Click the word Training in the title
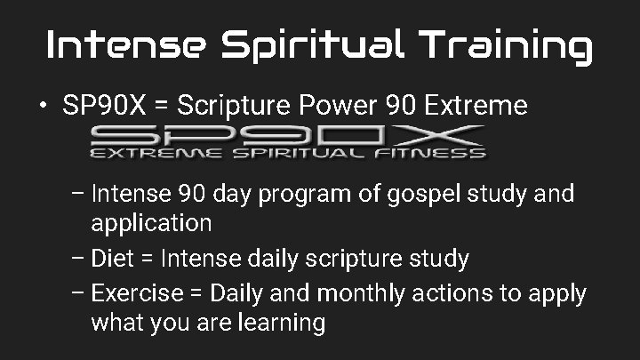click(x=507, y=44)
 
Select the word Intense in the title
click(x=124, y=44)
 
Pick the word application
click(x=151, y=222)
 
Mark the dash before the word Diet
click(x=76, y=260)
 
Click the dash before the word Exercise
click(x=76, y=292)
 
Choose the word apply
click(x=560, y=293)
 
